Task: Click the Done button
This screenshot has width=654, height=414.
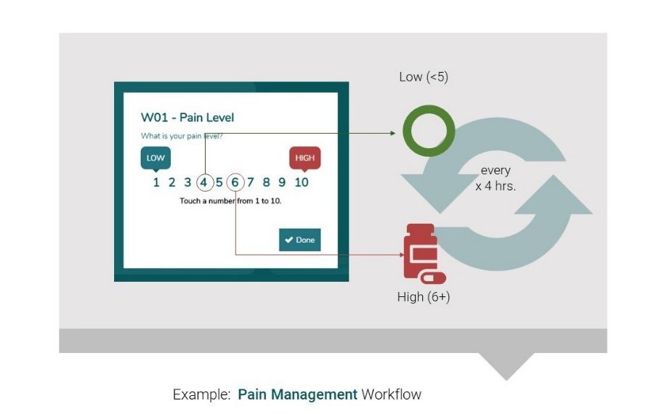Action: pos(299,240)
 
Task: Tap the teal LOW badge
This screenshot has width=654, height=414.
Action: pos(156,158)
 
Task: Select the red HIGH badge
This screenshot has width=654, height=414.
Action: pos(304,158)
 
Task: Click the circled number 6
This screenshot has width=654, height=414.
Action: pos(235,182)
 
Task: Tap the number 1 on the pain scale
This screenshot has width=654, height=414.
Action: pos(156,182)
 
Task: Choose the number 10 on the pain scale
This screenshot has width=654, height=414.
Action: pos(302,182)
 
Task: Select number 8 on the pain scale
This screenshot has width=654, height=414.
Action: pos(267,182)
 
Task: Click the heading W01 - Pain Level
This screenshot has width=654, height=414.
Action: pos(187,118)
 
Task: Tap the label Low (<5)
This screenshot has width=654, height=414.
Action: pos(424,76)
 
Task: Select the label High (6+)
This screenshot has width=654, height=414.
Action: pos(424,296)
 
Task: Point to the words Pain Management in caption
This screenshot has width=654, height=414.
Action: pos(297,394)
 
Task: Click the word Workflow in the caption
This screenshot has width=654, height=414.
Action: pos(391,394)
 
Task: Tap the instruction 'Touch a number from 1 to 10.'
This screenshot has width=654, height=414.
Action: pos(230,200)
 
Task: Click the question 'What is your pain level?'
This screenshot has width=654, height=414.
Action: pos(182,136)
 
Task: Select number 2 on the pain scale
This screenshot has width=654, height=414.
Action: pos(172,182)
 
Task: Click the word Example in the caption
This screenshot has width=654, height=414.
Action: pos(201,394)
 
